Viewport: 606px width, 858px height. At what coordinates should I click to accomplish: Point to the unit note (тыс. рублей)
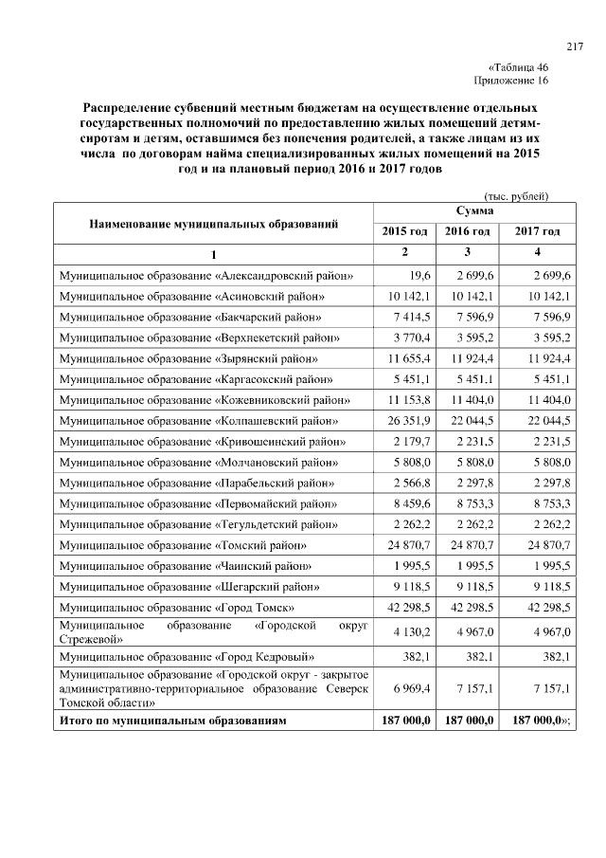pos(516,194)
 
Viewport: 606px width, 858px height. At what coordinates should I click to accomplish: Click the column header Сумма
pos(472,210)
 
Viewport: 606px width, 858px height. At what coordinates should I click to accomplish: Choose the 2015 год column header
pos(404,231)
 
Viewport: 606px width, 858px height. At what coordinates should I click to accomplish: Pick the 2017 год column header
pos(537,231)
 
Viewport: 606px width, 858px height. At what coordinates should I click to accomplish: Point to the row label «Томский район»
pos(182,545)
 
